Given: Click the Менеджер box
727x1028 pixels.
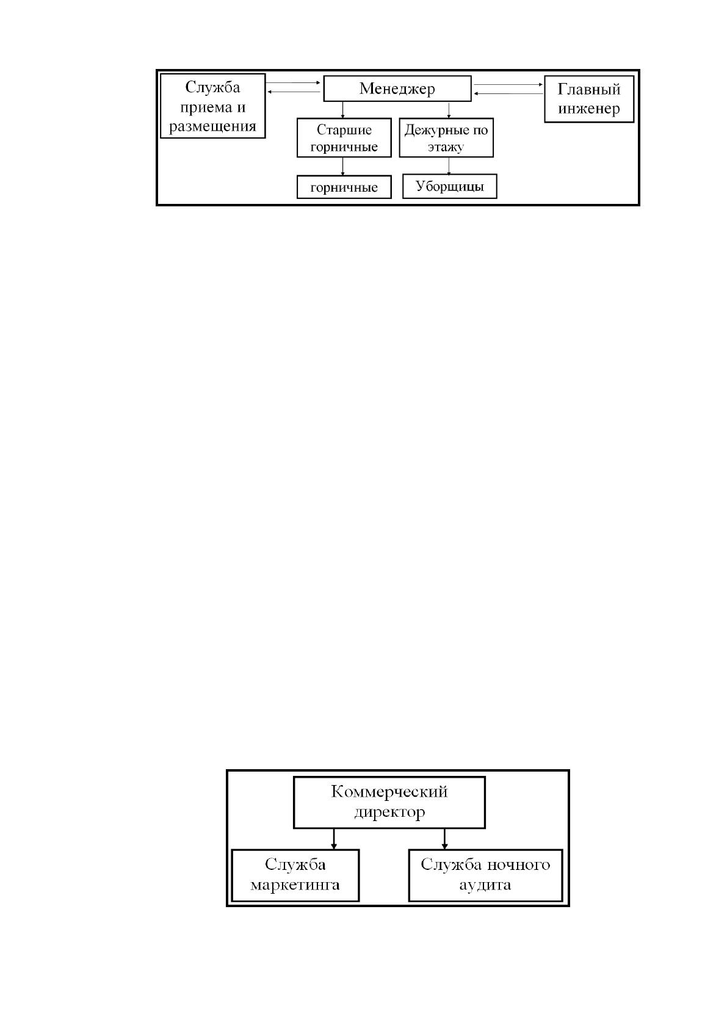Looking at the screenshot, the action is pyautogui.click(x=397, y=89).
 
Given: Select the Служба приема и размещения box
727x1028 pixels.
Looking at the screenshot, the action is pyautogui.click(x=212, y=106).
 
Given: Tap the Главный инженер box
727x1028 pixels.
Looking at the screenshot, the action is pyautogui.click(x=589, y=99).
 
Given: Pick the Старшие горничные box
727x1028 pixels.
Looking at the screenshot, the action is pyautogui.click(x=344, y=138).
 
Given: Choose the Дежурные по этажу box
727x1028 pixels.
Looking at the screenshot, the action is pyautogui.click(x=446, y=138).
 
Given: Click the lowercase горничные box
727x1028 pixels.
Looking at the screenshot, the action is pyautogui.click(x=344, y=187).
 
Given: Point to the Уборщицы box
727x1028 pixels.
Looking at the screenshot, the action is pyautogui.click(x=449, y=186).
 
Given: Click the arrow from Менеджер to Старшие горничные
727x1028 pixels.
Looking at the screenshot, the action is pyautogui.click(x=343, y=110).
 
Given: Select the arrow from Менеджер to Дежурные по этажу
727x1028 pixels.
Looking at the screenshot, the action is pyautogui.click(x=449, y=110).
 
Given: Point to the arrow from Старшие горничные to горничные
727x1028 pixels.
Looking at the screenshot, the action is pyautogui.click(x=343, y=167).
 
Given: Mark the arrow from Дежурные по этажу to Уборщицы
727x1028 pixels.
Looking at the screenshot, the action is pyautogui.click(x=449, y=165).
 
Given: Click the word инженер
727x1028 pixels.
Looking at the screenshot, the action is pyautogui.click(x=589, y=109).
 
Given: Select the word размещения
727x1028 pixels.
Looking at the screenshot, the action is pyautogui.click(x=212, y=126).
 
